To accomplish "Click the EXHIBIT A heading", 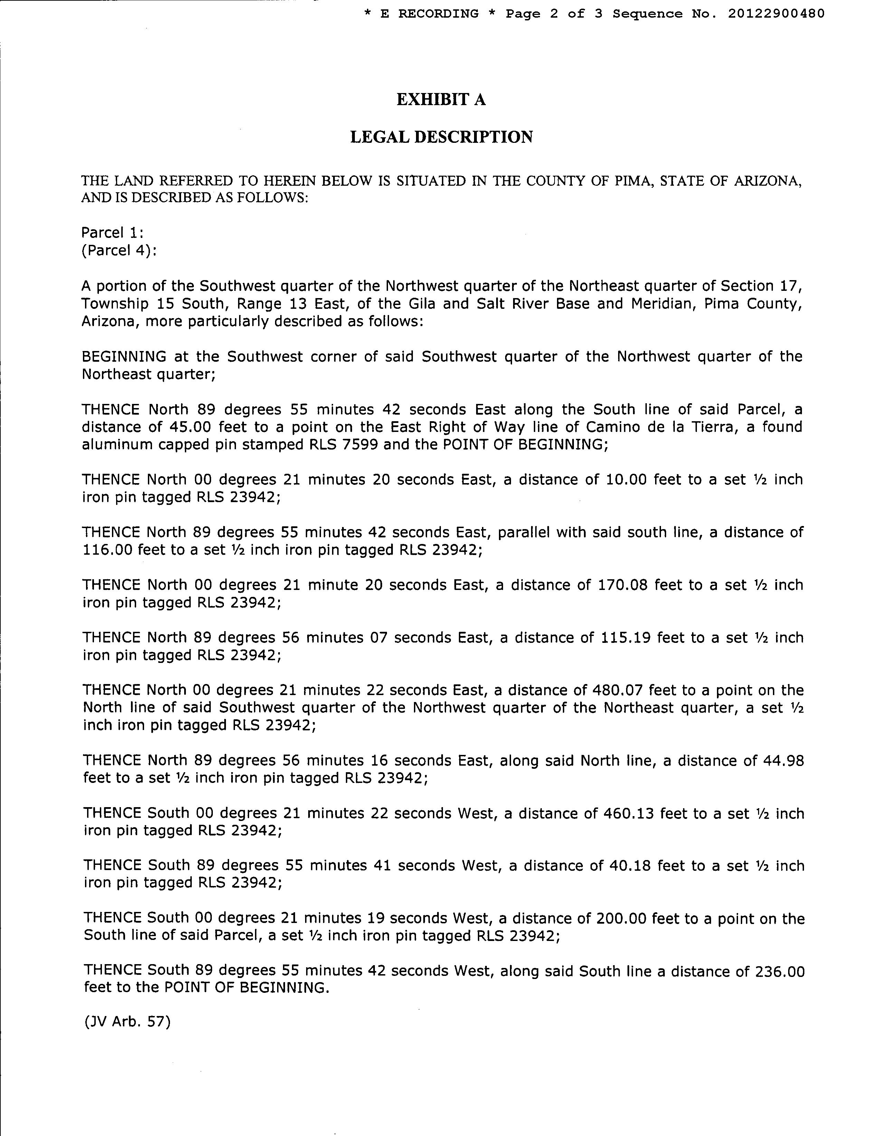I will pos(441,99).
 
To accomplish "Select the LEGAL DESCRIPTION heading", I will pos(441,137).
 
